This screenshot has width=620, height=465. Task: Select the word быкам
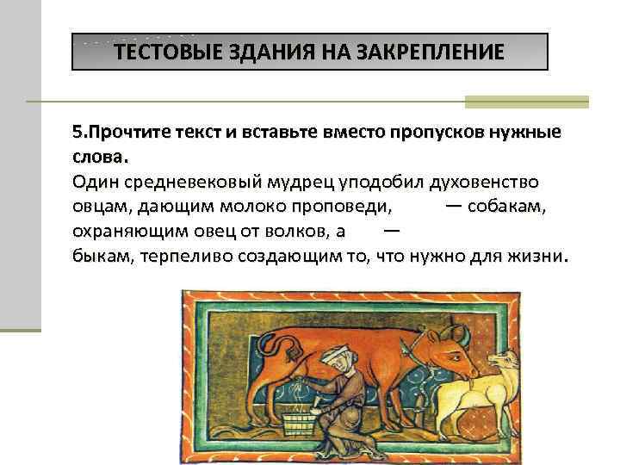point(99,257)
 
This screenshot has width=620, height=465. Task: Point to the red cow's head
point(449,348)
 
